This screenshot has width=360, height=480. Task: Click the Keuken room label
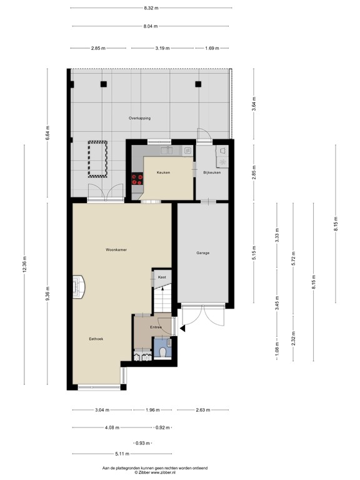click(x=163, y=173)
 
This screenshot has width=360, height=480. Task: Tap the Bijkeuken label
click(x=212, y=173)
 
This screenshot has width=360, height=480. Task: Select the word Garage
click(x=202, y=253)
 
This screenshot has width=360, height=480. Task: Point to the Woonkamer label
click(x=116, y=249)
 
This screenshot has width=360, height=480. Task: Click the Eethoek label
click(x=96, y=338)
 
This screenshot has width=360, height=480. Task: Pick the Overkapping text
click(x=139, y=117)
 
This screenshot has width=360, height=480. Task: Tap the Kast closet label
click(x=161, y=277)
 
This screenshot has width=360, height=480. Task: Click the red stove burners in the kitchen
click(x=137, y=179)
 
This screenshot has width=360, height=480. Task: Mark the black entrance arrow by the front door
click(x=182, y=327)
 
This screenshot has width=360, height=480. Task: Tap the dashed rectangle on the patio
click(x=97, y=159)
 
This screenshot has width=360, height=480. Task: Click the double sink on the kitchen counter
click(x=166, y=151)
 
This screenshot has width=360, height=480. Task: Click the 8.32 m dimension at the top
click(x=151, y=8)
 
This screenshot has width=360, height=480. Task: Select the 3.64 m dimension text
click(x=254, y=103)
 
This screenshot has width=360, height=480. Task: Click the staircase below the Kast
click(x=162, y=300)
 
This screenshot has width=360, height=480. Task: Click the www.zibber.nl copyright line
click(x=154, y=472)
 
